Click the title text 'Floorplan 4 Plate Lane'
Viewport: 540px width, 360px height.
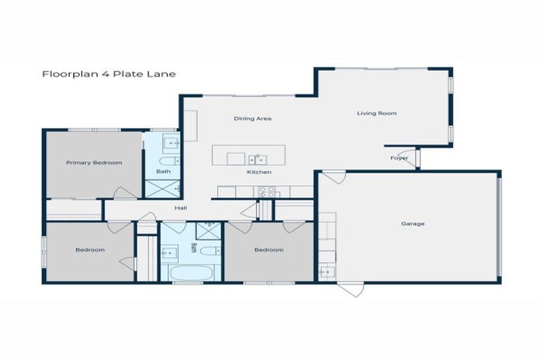[108, 73]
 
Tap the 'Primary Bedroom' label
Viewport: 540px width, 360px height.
[94, 162]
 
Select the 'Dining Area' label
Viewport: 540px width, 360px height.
[252, 119]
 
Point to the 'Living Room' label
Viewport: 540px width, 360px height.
[377, 113]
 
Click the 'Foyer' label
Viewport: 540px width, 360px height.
[399, 158]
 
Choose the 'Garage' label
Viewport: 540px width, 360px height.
[413, 224]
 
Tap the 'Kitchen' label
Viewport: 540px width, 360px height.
[258, 172]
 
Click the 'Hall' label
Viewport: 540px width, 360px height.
[181, 207]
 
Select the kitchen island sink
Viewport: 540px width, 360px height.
[257, 157]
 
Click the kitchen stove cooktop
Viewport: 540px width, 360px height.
[267, 191]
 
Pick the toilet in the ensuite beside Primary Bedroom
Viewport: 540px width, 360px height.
[165, 160]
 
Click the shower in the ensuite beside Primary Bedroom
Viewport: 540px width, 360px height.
[162, 188]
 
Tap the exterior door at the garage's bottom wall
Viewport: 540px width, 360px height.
[350, 289]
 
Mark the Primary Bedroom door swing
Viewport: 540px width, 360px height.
[125, 192]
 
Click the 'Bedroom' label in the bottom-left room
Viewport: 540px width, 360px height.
[90, 250]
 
